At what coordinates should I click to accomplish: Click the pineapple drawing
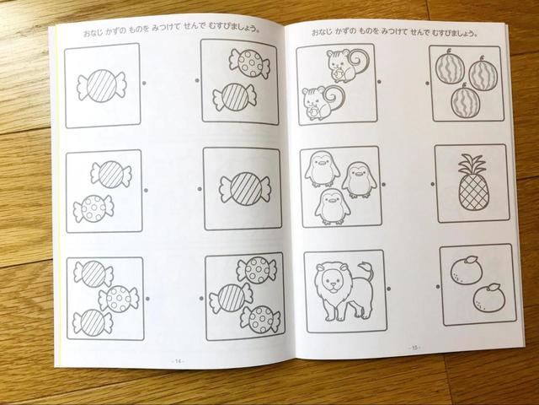(473, 184)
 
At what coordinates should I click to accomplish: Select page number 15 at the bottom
(414, 347)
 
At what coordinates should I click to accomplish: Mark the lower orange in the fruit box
(487, 296)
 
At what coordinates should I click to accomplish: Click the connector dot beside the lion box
(391, 285)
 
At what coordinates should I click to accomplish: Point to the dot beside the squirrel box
(383, 84)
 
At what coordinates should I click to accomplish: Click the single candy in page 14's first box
(101, 86)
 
